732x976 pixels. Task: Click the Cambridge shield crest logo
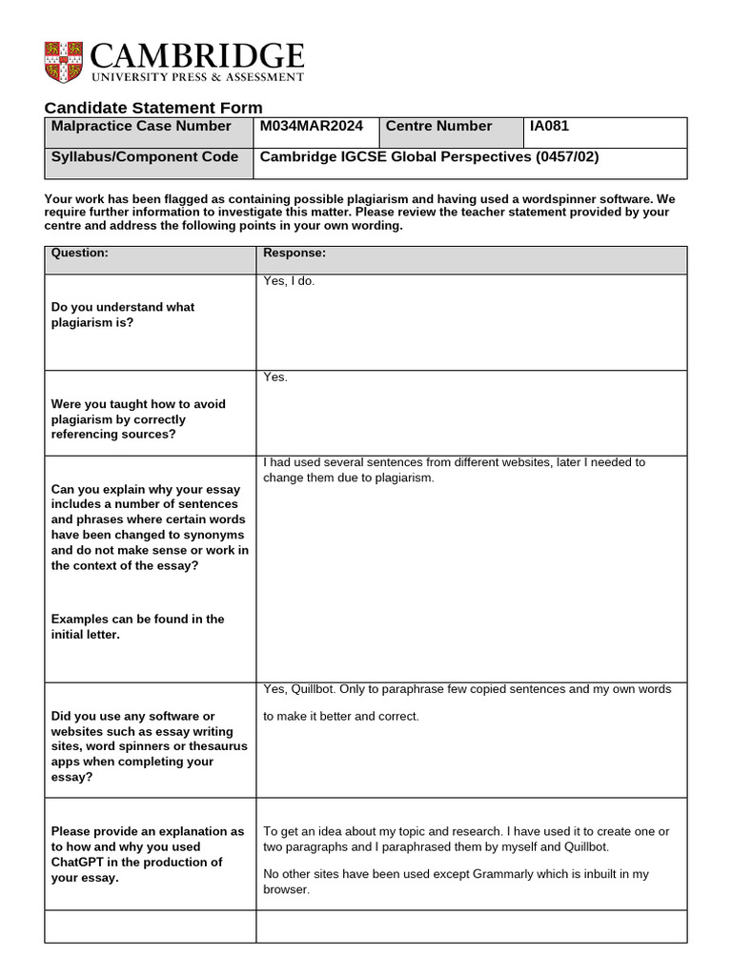(x=63, y=61)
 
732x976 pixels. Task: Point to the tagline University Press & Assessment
(x=197, y=77)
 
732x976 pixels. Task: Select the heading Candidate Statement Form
(x=153, y=108)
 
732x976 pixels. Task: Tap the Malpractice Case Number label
(x=141, y=126)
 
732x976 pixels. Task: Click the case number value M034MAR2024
(x=312, y=126)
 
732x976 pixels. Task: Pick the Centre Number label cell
(x=439, y=126)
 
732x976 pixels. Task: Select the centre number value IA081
(x=550, y=126)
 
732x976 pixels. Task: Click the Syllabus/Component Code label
(x=145, y=157)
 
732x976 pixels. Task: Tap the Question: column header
(x=80, y=253)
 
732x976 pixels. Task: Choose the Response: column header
(x=295, y=253)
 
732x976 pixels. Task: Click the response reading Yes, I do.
(x=289, y=281)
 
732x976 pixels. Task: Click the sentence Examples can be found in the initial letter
(x=136, y=626)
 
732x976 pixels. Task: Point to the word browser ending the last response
(x=286, y=889)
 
